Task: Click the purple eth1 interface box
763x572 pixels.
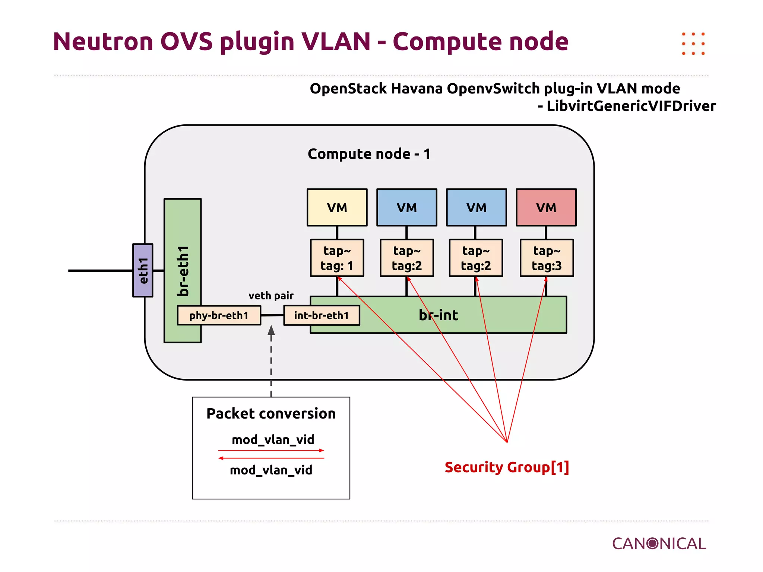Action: pyautogui.click(x=143, y=270)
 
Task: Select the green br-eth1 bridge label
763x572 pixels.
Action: pyautogui.click(x=183, y=270)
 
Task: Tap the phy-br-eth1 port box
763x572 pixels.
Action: pyautogui.click(x=219, y=315)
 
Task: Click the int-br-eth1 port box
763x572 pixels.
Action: pyautogui.click(x=322, y=315)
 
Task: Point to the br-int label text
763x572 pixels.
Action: pyautogui.click(x=438, y=315)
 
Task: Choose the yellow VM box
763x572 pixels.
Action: pyautogui.click(x=337, y=207)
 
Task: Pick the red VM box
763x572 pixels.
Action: pyautogui.click(x=546, y=207)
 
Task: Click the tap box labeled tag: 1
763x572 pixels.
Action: pyautogui.click(x=337, y=258)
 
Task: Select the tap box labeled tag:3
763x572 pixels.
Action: pyautogui.click(x=547, y=258)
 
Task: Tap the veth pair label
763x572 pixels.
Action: pyautogui.click(x=271, y=296)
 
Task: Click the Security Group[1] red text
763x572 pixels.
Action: pyautogui.click(x=507, y=467)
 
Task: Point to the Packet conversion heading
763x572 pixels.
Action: pyautogui.click(x=271, y=413)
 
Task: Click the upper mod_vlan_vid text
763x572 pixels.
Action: pyautogui.click(x=273, y=439)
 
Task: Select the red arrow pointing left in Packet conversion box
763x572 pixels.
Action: pyautogui.click(x=271, y=458)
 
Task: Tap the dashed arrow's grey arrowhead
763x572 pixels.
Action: pyautogui.click(x=271, y=330)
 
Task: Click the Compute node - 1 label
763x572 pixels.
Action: pyautogui.click(x=369, y=154)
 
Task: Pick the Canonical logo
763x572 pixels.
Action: pyautogui.click(x=659, y=544)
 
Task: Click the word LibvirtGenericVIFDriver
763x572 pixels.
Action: pyautogui.click(x=631, y=106)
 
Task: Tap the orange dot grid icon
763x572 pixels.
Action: pyautogui.click(x=693, y=44)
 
